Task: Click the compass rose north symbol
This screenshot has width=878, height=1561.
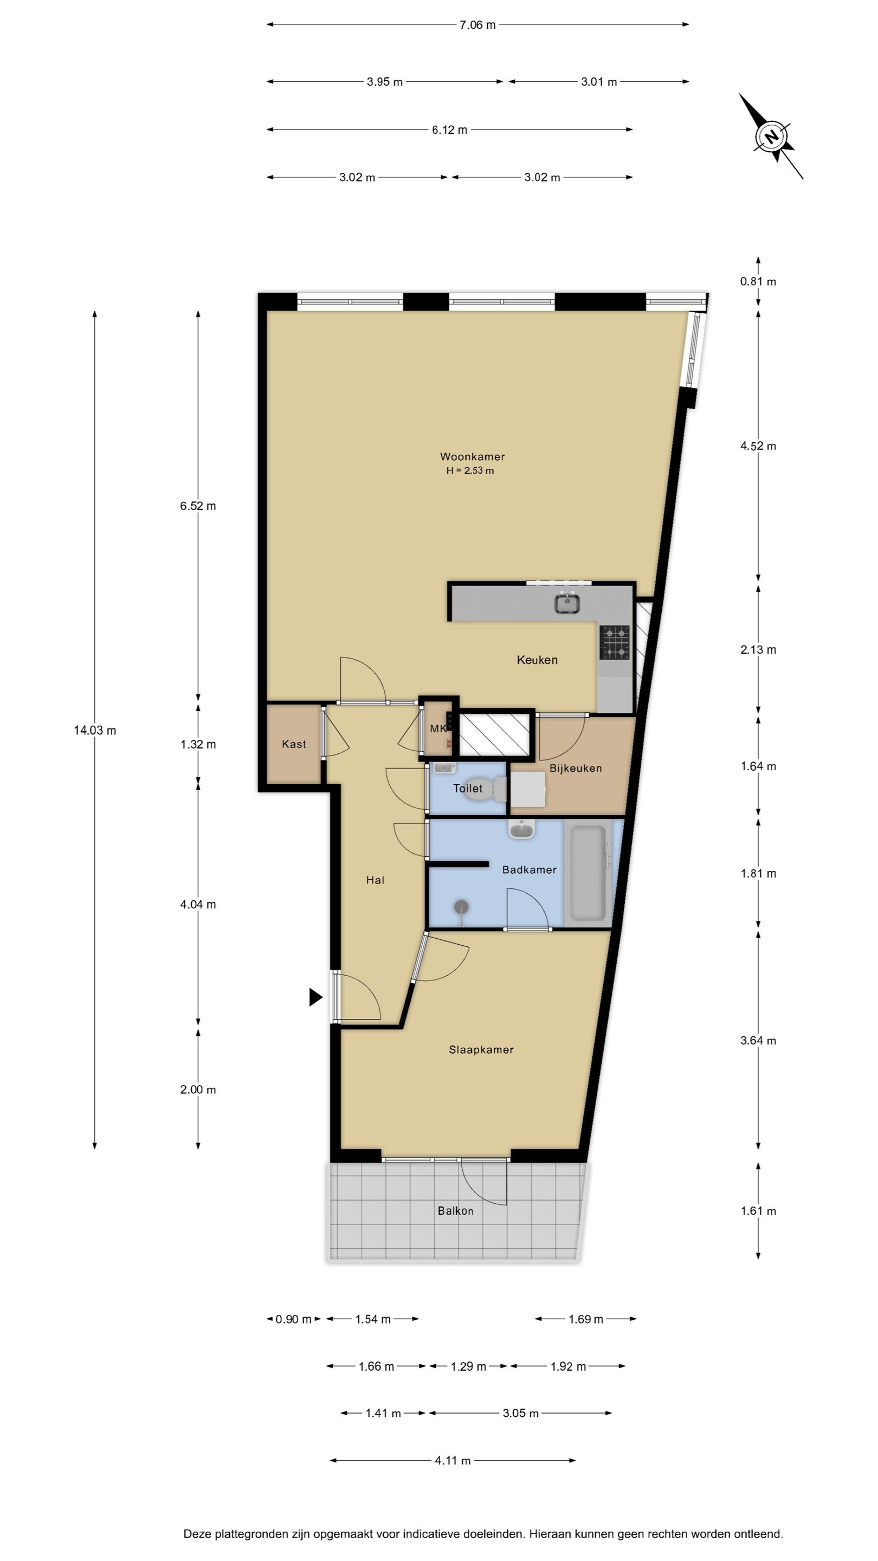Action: click(771, 137)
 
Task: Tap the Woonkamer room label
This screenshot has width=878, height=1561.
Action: click(472, 456)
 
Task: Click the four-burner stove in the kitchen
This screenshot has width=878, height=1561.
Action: click(615, 642)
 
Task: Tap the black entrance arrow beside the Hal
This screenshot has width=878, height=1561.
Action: click(315, 997)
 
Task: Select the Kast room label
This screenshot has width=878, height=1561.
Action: click(294, 744)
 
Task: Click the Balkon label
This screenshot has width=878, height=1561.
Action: click(456, 1211)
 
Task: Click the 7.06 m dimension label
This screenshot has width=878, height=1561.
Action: click(477, 25)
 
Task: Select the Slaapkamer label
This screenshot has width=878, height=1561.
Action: click(481, 1049)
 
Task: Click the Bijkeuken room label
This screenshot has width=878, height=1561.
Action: click(576, 769)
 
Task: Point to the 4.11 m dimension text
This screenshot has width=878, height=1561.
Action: click(453, 1460)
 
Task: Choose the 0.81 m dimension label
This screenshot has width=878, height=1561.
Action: click(758, 281)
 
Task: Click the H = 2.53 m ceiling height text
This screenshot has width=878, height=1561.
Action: click(470, 471)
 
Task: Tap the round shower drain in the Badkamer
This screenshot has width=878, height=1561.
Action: click(462, 907)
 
